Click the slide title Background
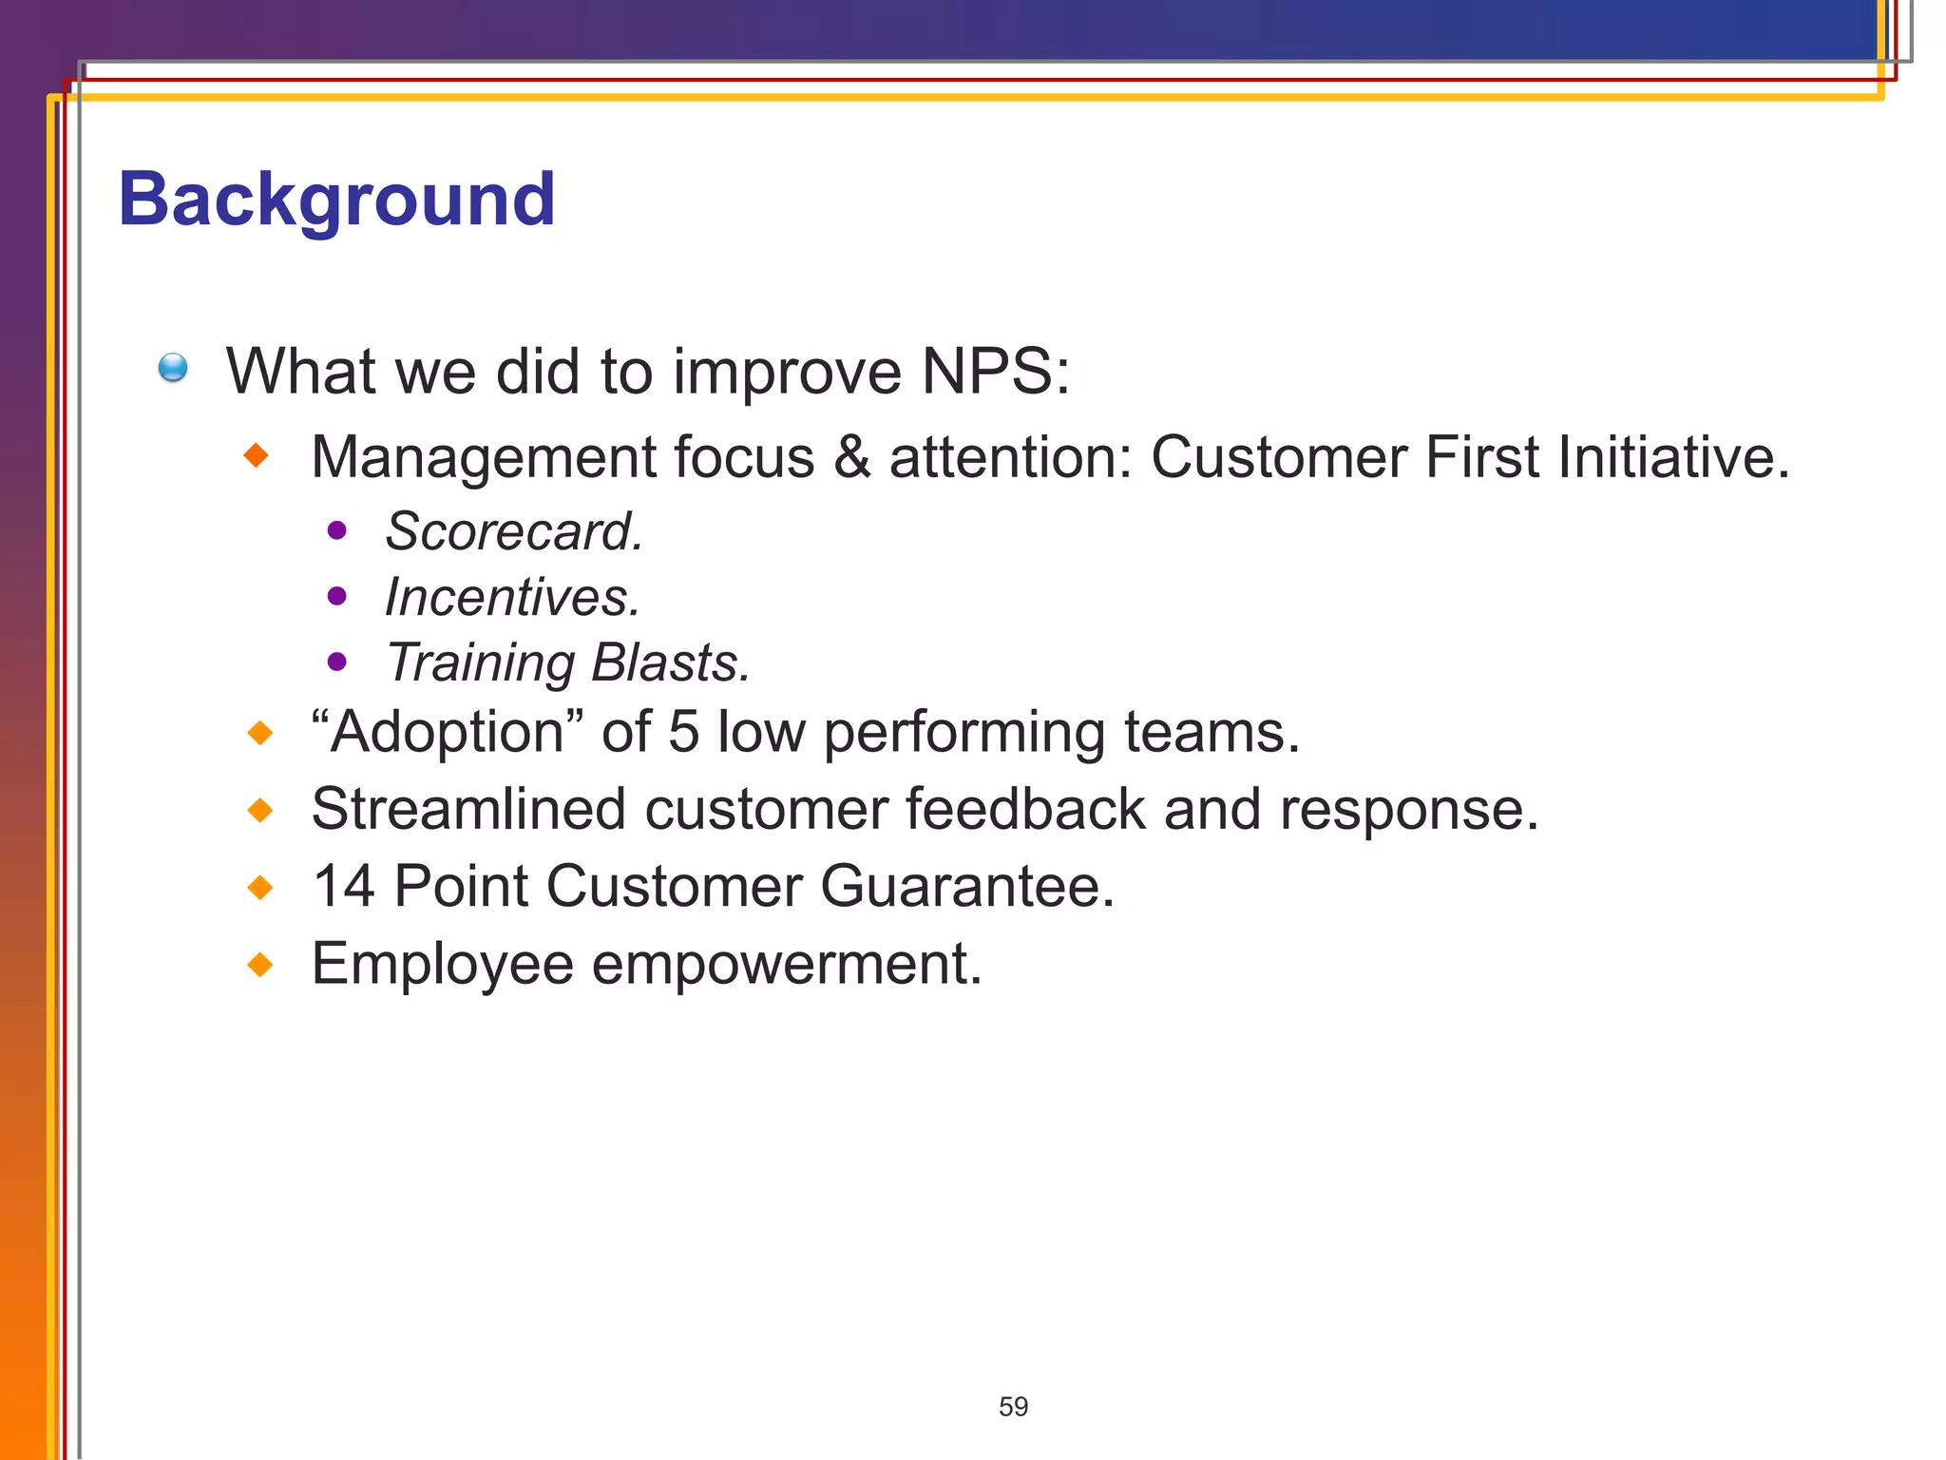pos(336,200)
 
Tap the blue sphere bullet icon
pos(173,368)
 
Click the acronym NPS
pos(994,371)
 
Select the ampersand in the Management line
pos(852,457)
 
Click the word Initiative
pos(1672,457)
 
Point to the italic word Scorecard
pos(513,531)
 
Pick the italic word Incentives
pos(511,597)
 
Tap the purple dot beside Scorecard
pos(336,530)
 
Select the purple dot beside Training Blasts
pos(336,662)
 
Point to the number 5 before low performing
pos(683,733)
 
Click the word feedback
pos(1024,810)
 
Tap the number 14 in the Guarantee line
pos(343,887)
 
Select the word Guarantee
pos(965,887)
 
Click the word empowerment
pos(786,965)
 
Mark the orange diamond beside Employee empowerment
pos(259,966)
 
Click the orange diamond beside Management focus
pos(257,456)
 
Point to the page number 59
pos(1013,1407)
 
